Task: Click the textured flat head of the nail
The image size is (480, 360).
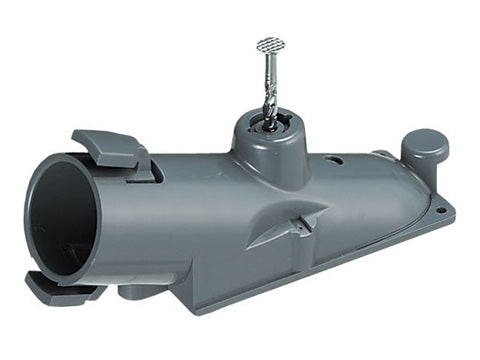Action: [x=271, y=45]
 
